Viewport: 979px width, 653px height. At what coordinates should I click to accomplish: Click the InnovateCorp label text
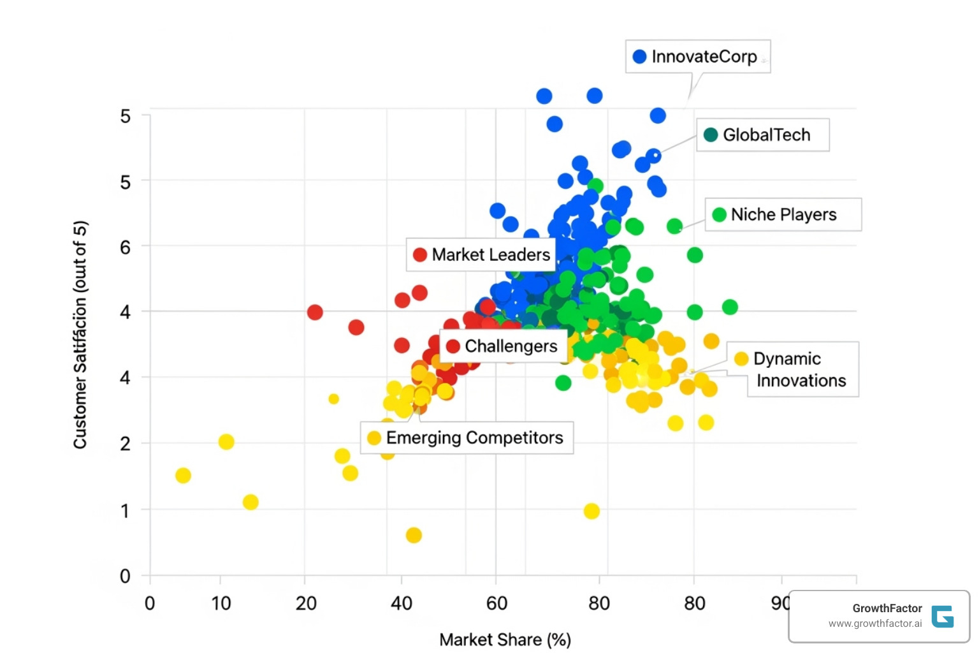point(704,57)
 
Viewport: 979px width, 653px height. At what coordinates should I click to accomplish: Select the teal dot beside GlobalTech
point(711,135)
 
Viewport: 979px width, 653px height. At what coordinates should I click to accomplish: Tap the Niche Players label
point(783,215)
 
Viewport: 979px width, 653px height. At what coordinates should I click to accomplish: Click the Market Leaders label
point(490,255)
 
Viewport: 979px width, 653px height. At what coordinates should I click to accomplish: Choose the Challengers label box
point(504,346)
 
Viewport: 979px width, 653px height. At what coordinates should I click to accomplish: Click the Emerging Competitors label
point(474,438)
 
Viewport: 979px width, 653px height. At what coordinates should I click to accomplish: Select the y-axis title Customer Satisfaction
point(80,335)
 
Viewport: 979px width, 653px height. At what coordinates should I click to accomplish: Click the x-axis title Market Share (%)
point(505,640)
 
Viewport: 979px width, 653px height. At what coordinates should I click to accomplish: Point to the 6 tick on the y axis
point(125,247)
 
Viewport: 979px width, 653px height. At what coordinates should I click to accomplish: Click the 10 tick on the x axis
point(221,603)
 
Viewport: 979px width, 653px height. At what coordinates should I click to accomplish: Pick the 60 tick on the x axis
point(497,603)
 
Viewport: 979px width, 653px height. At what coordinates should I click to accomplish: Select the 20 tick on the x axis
point(306,603)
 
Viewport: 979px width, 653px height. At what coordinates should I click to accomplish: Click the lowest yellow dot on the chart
point(414,535)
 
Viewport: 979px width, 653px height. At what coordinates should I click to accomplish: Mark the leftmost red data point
point(315,312)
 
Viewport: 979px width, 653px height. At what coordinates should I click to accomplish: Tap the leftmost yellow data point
point(183,476)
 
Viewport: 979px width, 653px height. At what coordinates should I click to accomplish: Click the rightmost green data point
point(730,307)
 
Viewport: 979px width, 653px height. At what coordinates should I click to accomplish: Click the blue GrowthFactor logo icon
point(942,617)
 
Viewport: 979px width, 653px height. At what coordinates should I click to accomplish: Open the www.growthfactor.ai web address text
point(874,624)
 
